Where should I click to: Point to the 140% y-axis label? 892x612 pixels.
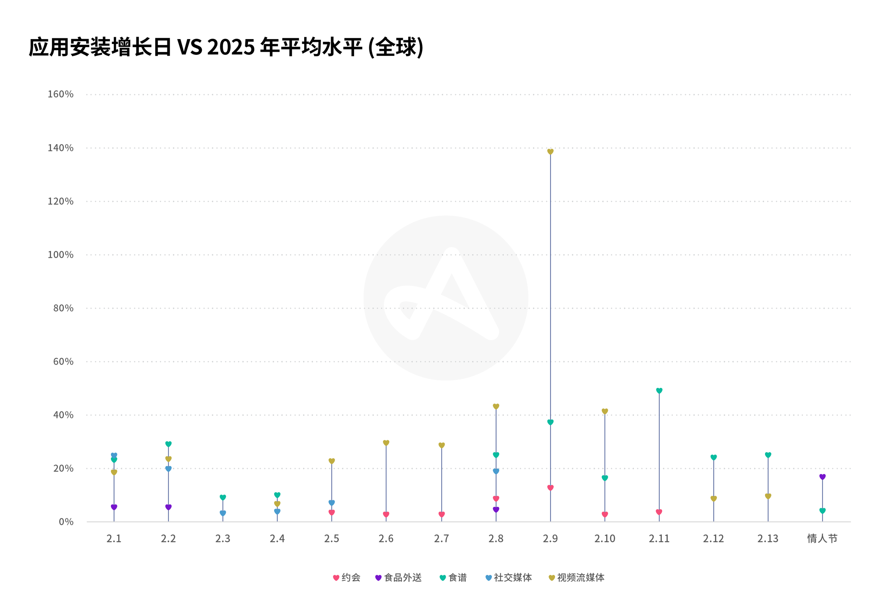[60, 148]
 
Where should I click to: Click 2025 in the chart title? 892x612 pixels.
[231, 47]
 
